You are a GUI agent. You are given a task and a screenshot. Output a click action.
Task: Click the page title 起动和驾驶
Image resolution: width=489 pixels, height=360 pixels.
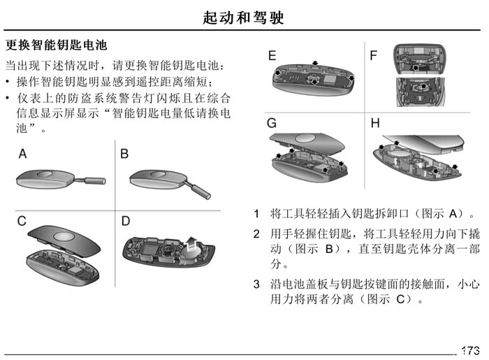243,17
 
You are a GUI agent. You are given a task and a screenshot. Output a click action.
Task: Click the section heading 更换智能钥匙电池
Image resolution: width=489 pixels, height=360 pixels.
57,45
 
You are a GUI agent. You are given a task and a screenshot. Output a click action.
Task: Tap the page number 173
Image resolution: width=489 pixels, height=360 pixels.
471,351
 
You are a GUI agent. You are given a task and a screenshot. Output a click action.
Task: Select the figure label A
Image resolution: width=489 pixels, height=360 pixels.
23,154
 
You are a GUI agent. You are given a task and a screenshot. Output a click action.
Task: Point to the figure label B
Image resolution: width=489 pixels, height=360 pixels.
124,154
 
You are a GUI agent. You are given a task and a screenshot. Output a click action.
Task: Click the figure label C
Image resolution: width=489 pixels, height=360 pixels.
22,221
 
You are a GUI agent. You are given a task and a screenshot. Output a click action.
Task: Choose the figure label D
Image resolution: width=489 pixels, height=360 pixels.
125,221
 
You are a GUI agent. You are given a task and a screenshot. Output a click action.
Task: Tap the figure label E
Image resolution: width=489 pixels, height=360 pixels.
272,55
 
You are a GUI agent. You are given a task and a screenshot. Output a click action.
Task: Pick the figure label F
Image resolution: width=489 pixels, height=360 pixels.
373,55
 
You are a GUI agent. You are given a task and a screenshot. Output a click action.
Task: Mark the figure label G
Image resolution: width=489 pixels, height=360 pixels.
272,123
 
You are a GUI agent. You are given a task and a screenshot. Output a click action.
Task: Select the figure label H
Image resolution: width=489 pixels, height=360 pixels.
375,123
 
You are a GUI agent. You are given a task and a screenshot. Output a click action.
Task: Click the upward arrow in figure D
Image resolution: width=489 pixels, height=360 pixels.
190,244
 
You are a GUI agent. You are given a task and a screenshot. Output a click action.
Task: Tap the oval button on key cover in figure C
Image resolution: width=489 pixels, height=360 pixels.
64,236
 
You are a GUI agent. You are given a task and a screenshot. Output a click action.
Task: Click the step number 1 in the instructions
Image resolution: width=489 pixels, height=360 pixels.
256,214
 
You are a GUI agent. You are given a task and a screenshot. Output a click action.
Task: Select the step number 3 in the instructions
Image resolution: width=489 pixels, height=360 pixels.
256,285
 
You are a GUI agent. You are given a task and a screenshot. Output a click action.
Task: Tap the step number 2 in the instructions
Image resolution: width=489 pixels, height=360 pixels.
256,234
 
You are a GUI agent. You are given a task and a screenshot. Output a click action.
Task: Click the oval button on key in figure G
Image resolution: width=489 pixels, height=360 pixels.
307,139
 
